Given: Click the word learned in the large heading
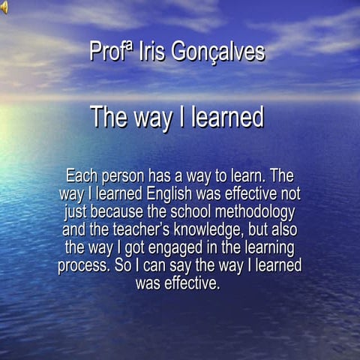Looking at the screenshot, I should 227,118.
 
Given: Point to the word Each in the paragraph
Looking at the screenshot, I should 81,177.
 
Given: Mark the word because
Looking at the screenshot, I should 119,212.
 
